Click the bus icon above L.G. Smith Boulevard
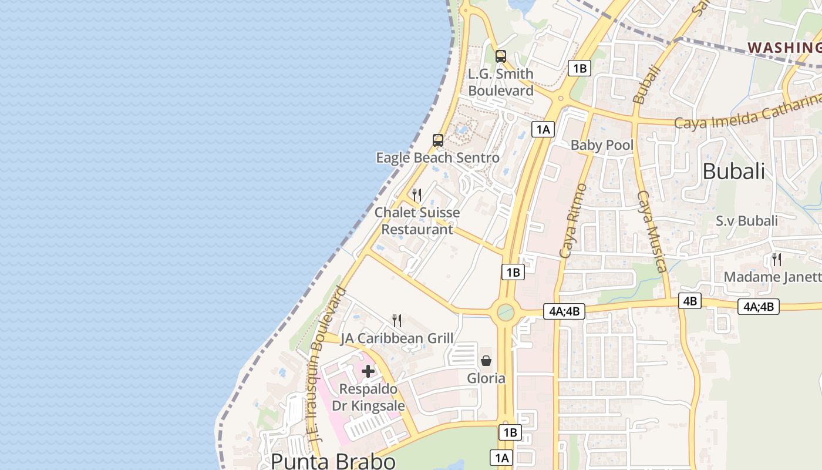pos(500,56)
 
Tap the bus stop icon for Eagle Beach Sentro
pos(437,140)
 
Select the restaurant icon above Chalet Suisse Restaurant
pos(417,194)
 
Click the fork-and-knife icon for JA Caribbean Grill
pos(397,320)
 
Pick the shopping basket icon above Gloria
pos(486,360)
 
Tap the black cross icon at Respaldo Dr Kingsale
pos(368,371)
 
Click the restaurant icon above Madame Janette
pos(776,259)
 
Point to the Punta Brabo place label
pos(333,461)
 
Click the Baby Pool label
pos(602,145)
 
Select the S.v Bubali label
pos(746,221)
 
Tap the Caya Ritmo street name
pos(573,221)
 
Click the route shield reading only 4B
pos(689,301)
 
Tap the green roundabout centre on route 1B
pos(505,312)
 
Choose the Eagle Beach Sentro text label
pos(437,157)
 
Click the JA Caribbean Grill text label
pos(397,338)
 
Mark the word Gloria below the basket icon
pos(486,378)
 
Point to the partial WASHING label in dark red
pos(784,47)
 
